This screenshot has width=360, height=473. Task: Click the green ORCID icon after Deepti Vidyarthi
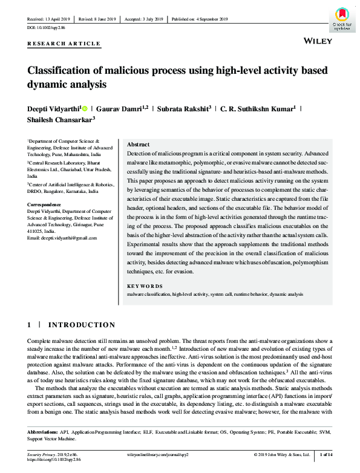(84, 108)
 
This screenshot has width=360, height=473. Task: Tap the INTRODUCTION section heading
(81, 325)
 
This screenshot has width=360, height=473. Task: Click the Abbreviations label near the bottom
(42, 433)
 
